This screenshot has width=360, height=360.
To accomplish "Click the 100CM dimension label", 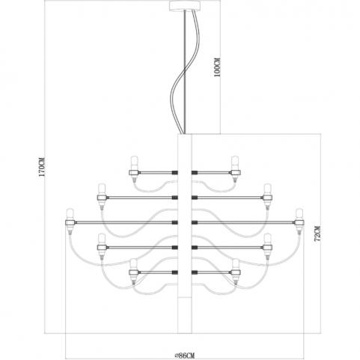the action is pos(218,67).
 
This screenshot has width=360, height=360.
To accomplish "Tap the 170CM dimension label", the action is pos(42,167).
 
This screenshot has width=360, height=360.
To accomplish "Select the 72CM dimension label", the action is pos(317,234).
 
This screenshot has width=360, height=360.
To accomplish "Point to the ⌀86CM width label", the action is pos(184,355).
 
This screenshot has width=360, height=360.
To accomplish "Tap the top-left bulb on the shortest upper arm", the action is pos(135,162).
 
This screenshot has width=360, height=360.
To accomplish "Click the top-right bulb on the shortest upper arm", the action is pos(235,162).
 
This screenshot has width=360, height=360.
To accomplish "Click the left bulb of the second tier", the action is pos(101,189).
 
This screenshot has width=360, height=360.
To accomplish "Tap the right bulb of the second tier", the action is pos(268,189).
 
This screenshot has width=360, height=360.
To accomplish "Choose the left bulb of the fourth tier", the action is pos(101,239).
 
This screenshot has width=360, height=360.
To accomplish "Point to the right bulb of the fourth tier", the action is pos(268,239).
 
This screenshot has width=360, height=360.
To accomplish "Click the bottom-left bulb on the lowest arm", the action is pos(134,264).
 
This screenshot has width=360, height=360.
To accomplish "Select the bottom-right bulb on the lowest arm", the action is pos(235,264).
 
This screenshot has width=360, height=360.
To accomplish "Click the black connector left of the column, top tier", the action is pos(174,172).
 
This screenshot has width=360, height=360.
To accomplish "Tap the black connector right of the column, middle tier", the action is pos(195,222).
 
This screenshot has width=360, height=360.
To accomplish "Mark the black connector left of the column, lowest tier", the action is pos(174,272).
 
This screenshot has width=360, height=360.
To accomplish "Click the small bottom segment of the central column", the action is pos(185,315).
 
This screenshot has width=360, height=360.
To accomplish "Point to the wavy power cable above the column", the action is pos(185,73).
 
